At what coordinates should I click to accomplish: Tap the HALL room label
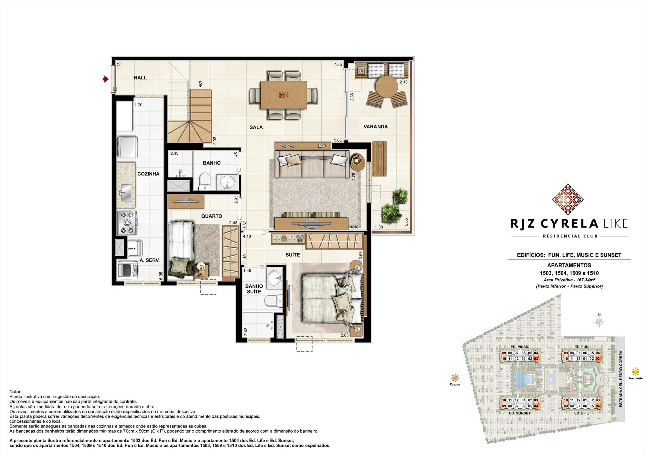(x=140, y=78)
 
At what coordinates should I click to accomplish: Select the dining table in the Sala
(x=283, y=95)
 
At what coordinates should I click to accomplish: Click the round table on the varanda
(x=386, y=86)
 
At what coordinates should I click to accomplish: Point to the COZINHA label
(x=148, y=174)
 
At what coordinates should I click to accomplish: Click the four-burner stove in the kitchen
(x=127, y=222)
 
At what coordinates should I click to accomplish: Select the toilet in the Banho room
(x=204, y=182)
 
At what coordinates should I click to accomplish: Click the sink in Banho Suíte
(x=276, y=277)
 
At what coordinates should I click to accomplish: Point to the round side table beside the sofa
(x=358, y=163)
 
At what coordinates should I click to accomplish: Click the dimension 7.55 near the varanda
(x=338, y=65)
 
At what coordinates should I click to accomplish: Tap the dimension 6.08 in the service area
(x=161, y=276)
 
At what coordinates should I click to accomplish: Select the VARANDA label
(x=375, y=127)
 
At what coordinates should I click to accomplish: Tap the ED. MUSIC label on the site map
(x=519, y=347)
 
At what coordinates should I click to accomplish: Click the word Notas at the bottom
(x=16, y=392)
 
